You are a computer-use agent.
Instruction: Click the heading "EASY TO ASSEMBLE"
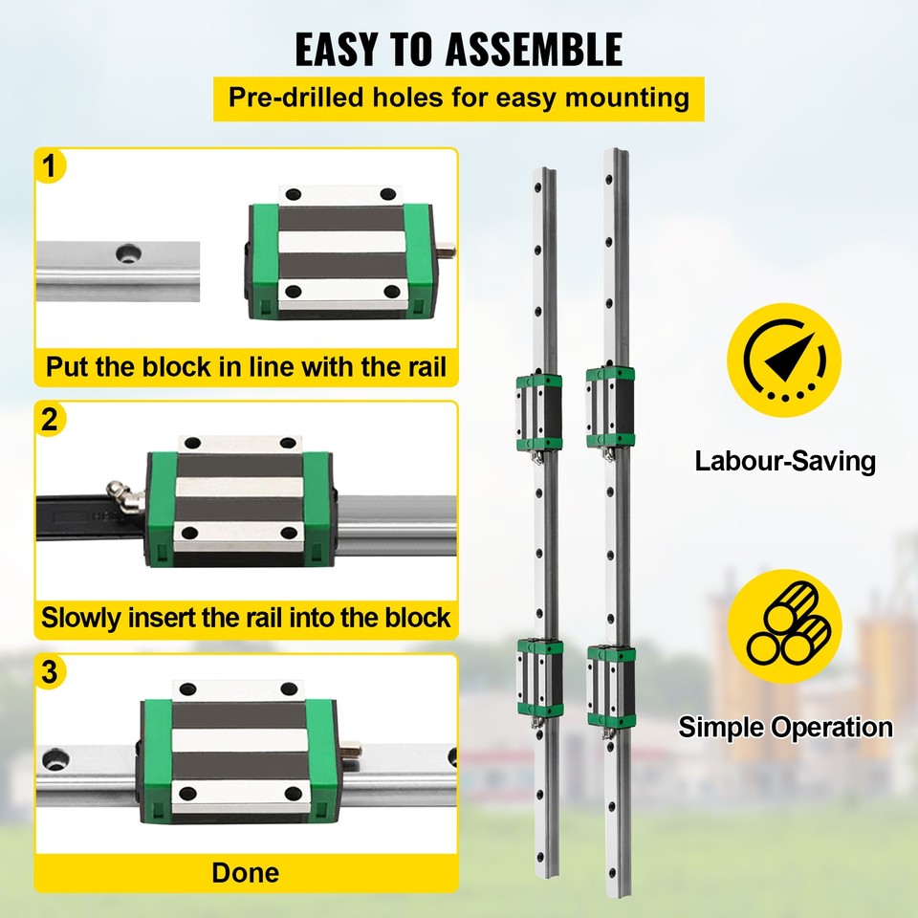point(458,49)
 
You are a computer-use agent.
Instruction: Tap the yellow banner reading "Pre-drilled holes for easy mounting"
point(458,98)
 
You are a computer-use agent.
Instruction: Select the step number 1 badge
point(54,166)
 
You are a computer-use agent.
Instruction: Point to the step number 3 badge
point(54,671)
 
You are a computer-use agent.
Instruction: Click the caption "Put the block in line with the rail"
point(247,367)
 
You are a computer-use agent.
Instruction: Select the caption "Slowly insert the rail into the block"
point(246,617)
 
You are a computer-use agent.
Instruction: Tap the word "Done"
point(246,872)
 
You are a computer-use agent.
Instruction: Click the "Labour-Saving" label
point(784,462)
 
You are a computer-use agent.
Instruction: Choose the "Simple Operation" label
point(785,727)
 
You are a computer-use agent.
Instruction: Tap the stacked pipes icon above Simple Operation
point(784,627)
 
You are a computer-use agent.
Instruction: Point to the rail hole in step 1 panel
point(125,253)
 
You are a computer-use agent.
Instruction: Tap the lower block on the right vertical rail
point(610,681)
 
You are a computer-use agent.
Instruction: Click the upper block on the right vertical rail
point(610,406)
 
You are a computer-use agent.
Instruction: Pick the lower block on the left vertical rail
point(539,677)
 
